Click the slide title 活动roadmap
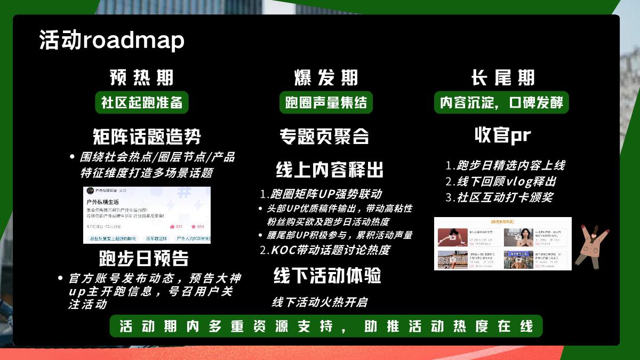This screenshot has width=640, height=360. coord(111,41)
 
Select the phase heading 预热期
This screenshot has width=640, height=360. coord(142,78)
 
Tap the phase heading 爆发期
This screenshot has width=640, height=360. coord(326,78)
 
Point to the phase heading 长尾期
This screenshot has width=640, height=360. coord(502,78)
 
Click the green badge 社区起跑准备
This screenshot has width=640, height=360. coord(142,102)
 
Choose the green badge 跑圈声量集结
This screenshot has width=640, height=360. coord(326,102)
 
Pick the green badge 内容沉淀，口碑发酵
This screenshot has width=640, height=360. coord(501,102)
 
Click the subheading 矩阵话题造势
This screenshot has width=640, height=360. coord(147,136)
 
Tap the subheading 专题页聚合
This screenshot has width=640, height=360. coord(324,136)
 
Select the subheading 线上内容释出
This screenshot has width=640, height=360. coord(330,170)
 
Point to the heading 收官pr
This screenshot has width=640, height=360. coord(502,135)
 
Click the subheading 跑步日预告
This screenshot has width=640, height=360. coord(144,259)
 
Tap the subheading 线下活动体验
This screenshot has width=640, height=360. coord(327,276)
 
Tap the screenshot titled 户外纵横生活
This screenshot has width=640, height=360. coord(147,215)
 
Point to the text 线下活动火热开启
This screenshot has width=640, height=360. coord(319,302)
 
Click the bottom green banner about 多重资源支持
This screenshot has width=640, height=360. coord(326,326)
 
